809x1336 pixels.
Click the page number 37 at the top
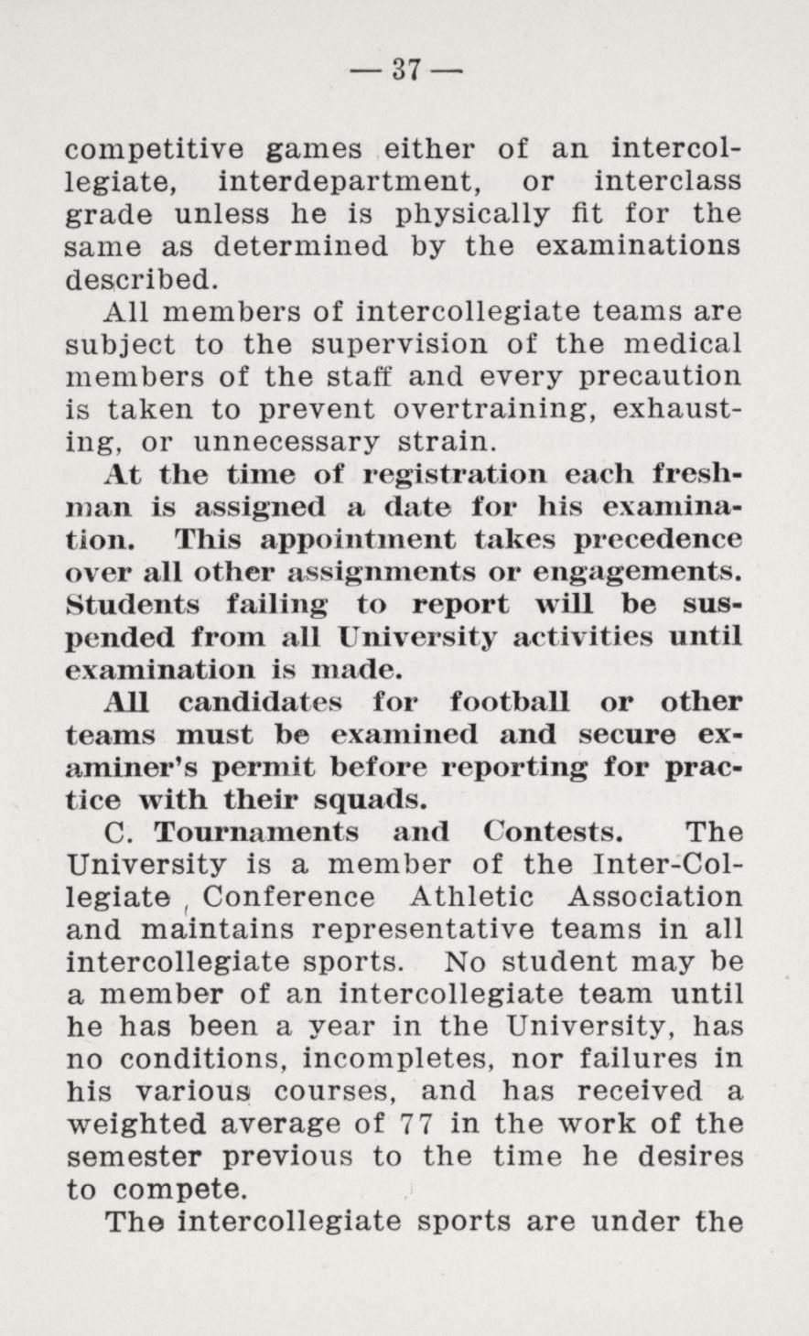[404, 69]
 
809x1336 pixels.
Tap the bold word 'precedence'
[658, 541]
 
